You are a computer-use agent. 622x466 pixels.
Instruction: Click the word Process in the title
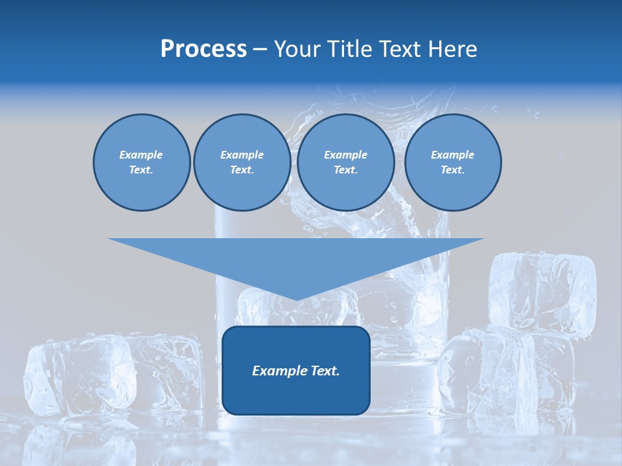(x=203, y=49)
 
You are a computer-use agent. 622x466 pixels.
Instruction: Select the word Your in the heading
(x=297, y=49)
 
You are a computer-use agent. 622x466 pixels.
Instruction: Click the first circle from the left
(x=141, y=162)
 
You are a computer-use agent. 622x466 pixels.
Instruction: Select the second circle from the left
(x=242, y=162)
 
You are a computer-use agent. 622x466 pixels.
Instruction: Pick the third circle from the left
(x=345, y=162)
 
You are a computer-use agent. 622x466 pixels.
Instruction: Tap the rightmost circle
(x=452, y=162)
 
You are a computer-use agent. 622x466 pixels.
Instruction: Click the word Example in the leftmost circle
(x=141, y=155)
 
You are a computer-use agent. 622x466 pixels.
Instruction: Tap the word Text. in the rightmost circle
(x=452, y=170)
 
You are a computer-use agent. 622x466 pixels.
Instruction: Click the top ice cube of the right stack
(x=543, y=291)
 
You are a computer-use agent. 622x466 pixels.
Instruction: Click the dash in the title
(x=260, y=49)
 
